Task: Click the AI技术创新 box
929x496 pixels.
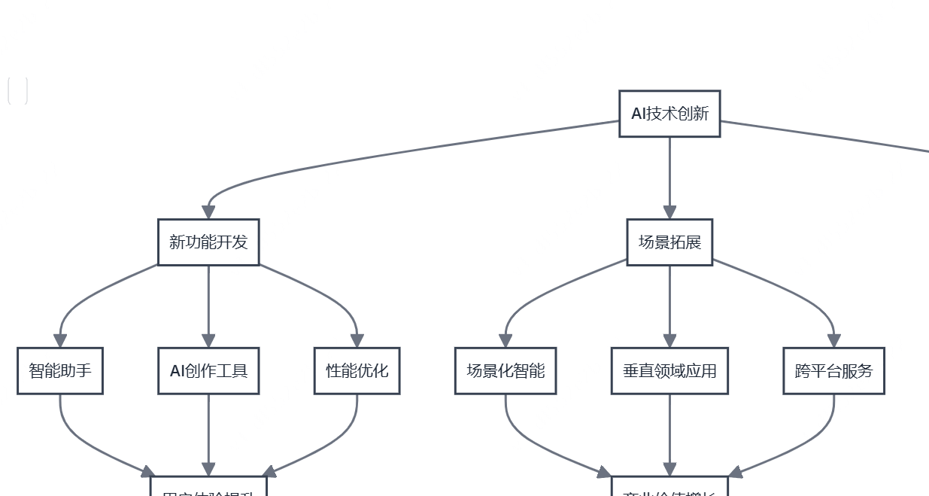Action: pyautogui.click(x=669, y=114)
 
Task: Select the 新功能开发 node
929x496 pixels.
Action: pyautogui.click(x=208, y=242)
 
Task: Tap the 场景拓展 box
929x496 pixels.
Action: pyautogui.click(x=669, y=242)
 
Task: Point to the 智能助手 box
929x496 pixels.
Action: pyautogui.click(x=60, y=371)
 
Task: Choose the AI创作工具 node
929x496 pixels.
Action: pyautogui.click(x=208, y=371)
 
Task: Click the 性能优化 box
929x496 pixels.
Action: pyautogui.click(x=357, y=371)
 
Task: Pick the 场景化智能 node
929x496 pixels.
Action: pyautogui.click(x=505, y=371)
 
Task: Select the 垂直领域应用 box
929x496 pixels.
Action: pyautogui.click(x=669, y=371)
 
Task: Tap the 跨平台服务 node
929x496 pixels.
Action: pyautogui.click(x=833, y=371)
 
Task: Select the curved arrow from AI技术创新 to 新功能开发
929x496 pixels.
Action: pyautogui.click(x=376, y=156)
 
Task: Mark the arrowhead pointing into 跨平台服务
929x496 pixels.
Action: pyautogui.click(x=833, y=341)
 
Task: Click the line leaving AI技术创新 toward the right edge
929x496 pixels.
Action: pyautogui.click(x=827, y=136)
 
